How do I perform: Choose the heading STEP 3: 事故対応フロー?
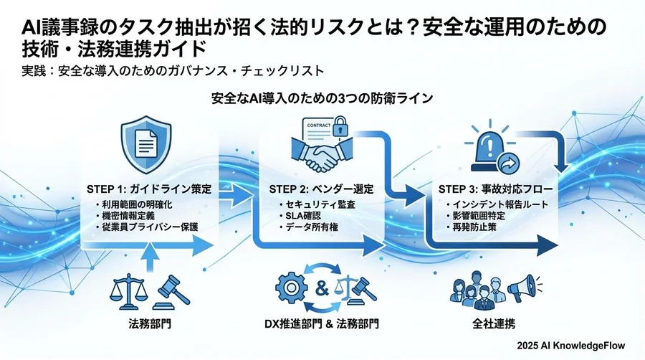point(494,190)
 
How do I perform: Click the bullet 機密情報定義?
point(133,216)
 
